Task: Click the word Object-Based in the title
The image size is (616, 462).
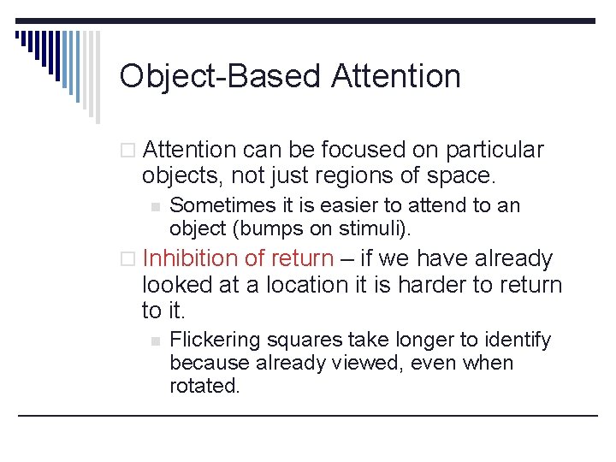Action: coord(219,76)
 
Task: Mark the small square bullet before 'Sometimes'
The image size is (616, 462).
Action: coord(155,206)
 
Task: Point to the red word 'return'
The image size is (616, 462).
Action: coord(302,258)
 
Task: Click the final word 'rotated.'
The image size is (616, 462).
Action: coord(205,386)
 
